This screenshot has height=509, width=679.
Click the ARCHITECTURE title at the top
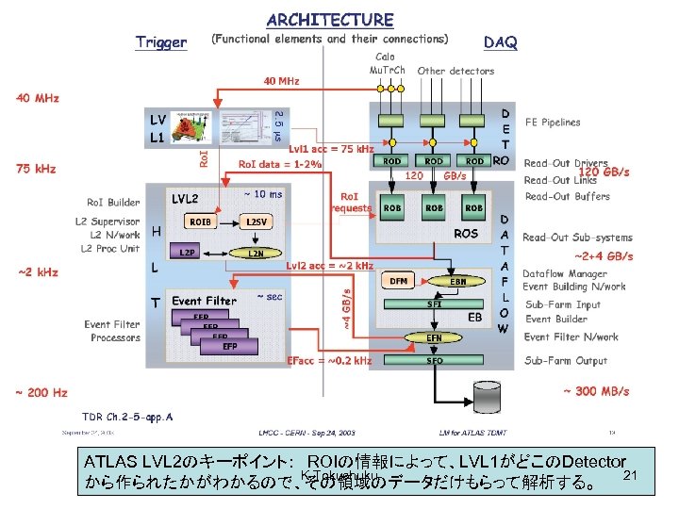click(329, 19)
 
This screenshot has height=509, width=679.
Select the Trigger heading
click(161, 42)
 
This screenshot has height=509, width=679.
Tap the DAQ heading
click(499, 42)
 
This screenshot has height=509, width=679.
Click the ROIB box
click(200, 221)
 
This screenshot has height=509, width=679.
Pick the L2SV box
click(255, 221)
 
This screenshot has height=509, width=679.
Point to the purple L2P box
click(189, 253)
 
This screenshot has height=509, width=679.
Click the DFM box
click(399, 280)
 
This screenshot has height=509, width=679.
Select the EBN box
click(457, 280)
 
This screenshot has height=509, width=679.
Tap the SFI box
click(434, 304)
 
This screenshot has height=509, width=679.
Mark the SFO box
click(434, 361)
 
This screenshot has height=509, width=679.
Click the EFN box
click(434, 337)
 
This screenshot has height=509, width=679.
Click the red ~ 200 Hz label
click(40, 391)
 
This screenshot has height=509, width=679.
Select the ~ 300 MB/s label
click(596, 391)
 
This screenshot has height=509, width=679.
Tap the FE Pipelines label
click(553, 122)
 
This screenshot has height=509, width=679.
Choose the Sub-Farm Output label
click(566, 360)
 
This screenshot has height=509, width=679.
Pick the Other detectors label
click(455, 71)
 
